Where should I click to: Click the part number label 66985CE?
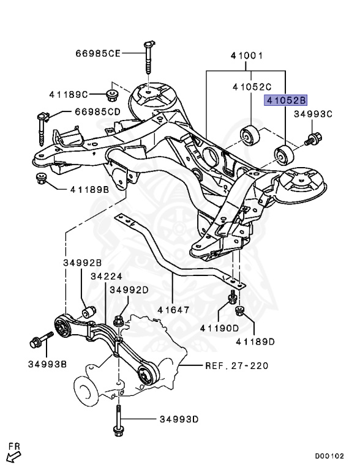(99, 53)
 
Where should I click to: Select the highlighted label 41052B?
(285, 101)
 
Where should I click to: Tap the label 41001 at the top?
(247, 56)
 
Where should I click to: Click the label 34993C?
(312, 114)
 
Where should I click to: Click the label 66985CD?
(98, 111)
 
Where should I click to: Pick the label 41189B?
(87, 189)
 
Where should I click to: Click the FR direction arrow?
(13, 454)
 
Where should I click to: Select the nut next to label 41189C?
(111, 94)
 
